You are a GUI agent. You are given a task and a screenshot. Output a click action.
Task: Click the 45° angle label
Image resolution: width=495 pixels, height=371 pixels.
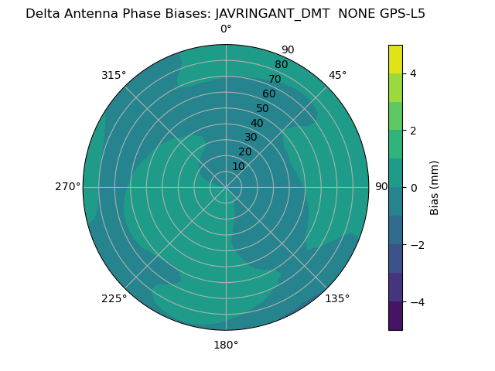coord(337,75)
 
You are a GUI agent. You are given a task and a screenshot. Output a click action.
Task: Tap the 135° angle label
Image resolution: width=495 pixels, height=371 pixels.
coord(337,298)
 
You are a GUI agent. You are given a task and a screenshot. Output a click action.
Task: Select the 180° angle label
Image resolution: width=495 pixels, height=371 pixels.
coord(226,345)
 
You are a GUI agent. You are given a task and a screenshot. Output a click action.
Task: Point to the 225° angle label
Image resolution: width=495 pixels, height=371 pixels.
coord(114,298)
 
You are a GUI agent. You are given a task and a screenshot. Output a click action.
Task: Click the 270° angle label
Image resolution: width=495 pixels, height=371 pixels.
coord(67,187)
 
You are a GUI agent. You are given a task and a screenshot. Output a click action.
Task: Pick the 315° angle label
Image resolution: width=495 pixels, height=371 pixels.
coord(114,75)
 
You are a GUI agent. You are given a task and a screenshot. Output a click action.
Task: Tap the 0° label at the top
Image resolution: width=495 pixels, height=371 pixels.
coord(226,29)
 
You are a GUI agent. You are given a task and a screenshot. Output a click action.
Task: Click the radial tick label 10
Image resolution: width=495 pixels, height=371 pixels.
coord(238,166)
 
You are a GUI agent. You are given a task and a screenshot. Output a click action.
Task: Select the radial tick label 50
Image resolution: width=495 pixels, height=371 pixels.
coord(263,109)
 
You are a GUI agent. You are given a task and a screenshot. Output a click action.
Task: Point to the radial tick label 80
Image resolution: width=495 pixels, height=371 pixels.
coord(281,65)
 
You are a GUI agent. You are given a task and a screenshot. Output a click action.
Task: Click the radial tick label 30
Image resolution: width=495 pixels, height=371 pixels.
coord(251,138)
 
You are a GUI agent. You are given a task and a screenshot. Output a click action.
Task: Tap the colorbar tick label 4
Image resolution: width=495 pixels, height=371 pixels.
coord(413,73)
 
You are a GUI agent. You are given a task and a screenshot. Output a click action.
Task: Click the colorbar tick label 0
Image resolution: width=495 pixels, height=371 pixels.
coord(413,188)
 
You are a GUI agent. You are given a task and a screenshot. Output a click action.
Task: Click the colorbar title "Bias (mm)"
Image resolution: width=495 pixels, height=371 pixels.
coord(435,187)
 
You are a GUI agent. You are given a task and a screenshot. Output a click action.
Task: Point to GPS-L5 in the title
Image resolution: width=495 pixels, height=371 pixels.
coord(399,13)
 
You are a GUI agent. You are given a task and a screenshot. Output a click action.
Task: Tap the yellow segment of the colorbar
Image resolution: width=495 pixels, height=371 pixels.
coord(395,59)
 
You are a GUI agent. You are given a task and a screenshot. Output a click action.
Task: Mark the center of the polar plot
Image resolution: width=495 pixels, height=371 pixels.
coord(226,187)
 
